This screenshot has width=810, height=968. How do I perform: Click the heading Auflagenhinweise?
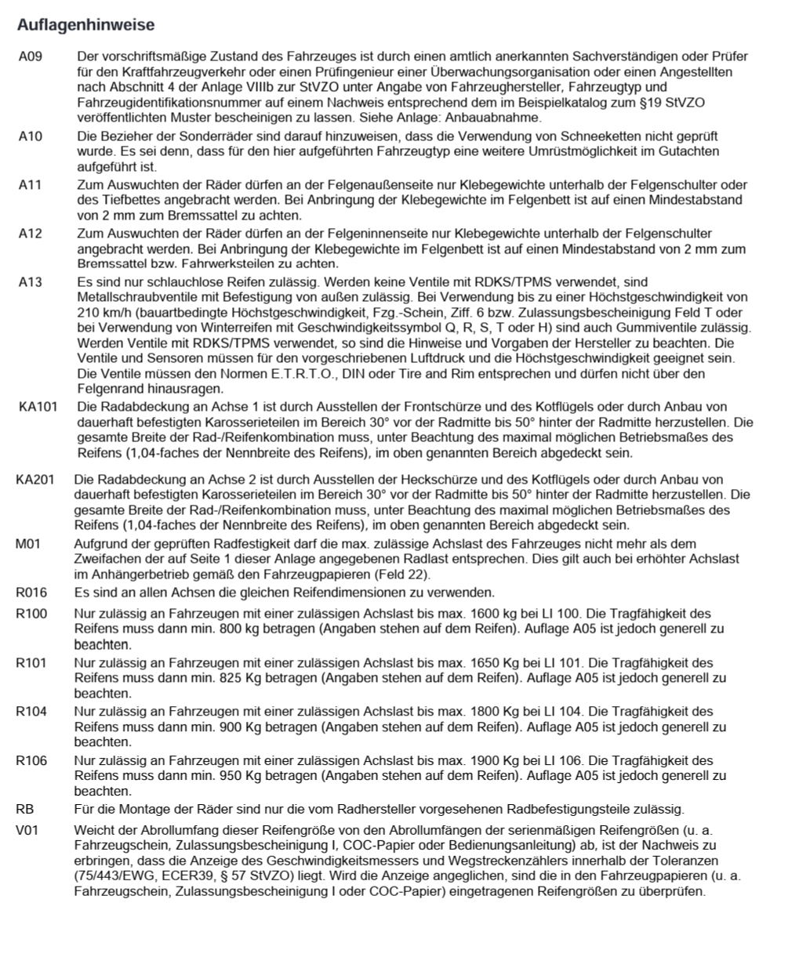85,25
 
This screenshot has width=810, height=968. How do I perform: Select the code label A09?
31,57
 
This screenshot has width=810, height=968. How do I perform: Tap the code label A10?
31,136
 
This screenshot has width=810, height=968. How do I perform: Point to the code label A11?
31,185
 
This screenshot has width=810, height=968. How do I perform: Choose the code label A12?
31,234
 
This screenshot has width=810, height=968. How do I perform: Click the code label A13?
31,281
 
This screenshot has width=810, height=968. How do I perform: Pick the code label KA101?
38,407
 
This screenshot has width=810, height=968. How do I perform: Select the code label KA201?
35,479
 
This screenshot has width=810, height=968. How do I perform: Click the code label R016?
31,592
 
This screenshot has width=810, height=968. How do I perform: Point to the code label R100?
31,613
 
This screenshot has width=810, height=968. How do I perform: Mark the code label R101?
31,662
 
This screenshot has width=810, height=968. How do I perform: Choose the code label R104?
31,711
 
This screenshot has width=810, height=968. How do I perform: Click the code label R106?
31,760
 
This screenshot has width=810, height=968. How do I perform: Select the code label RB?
24,809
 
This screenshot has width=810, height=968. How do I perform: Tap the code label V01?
27,829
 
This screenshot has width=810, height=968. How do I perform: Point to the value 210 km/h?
100,312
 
